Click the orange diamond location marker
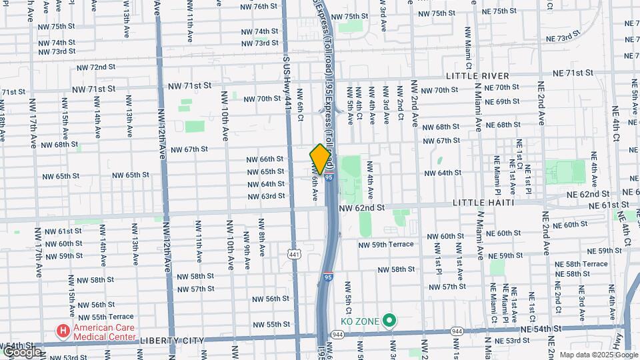[321, 159]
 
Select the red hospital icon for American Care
[63, 331]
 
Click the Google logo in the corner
[21, 351]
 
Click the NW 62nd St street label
[362, 208]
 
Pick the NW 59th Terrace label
[386, 245]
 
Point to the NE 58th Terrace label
[586, 264]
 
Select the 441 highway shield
[294, 254]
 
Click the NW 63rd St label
[266, 196]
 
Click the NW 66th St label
[265, 159]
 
